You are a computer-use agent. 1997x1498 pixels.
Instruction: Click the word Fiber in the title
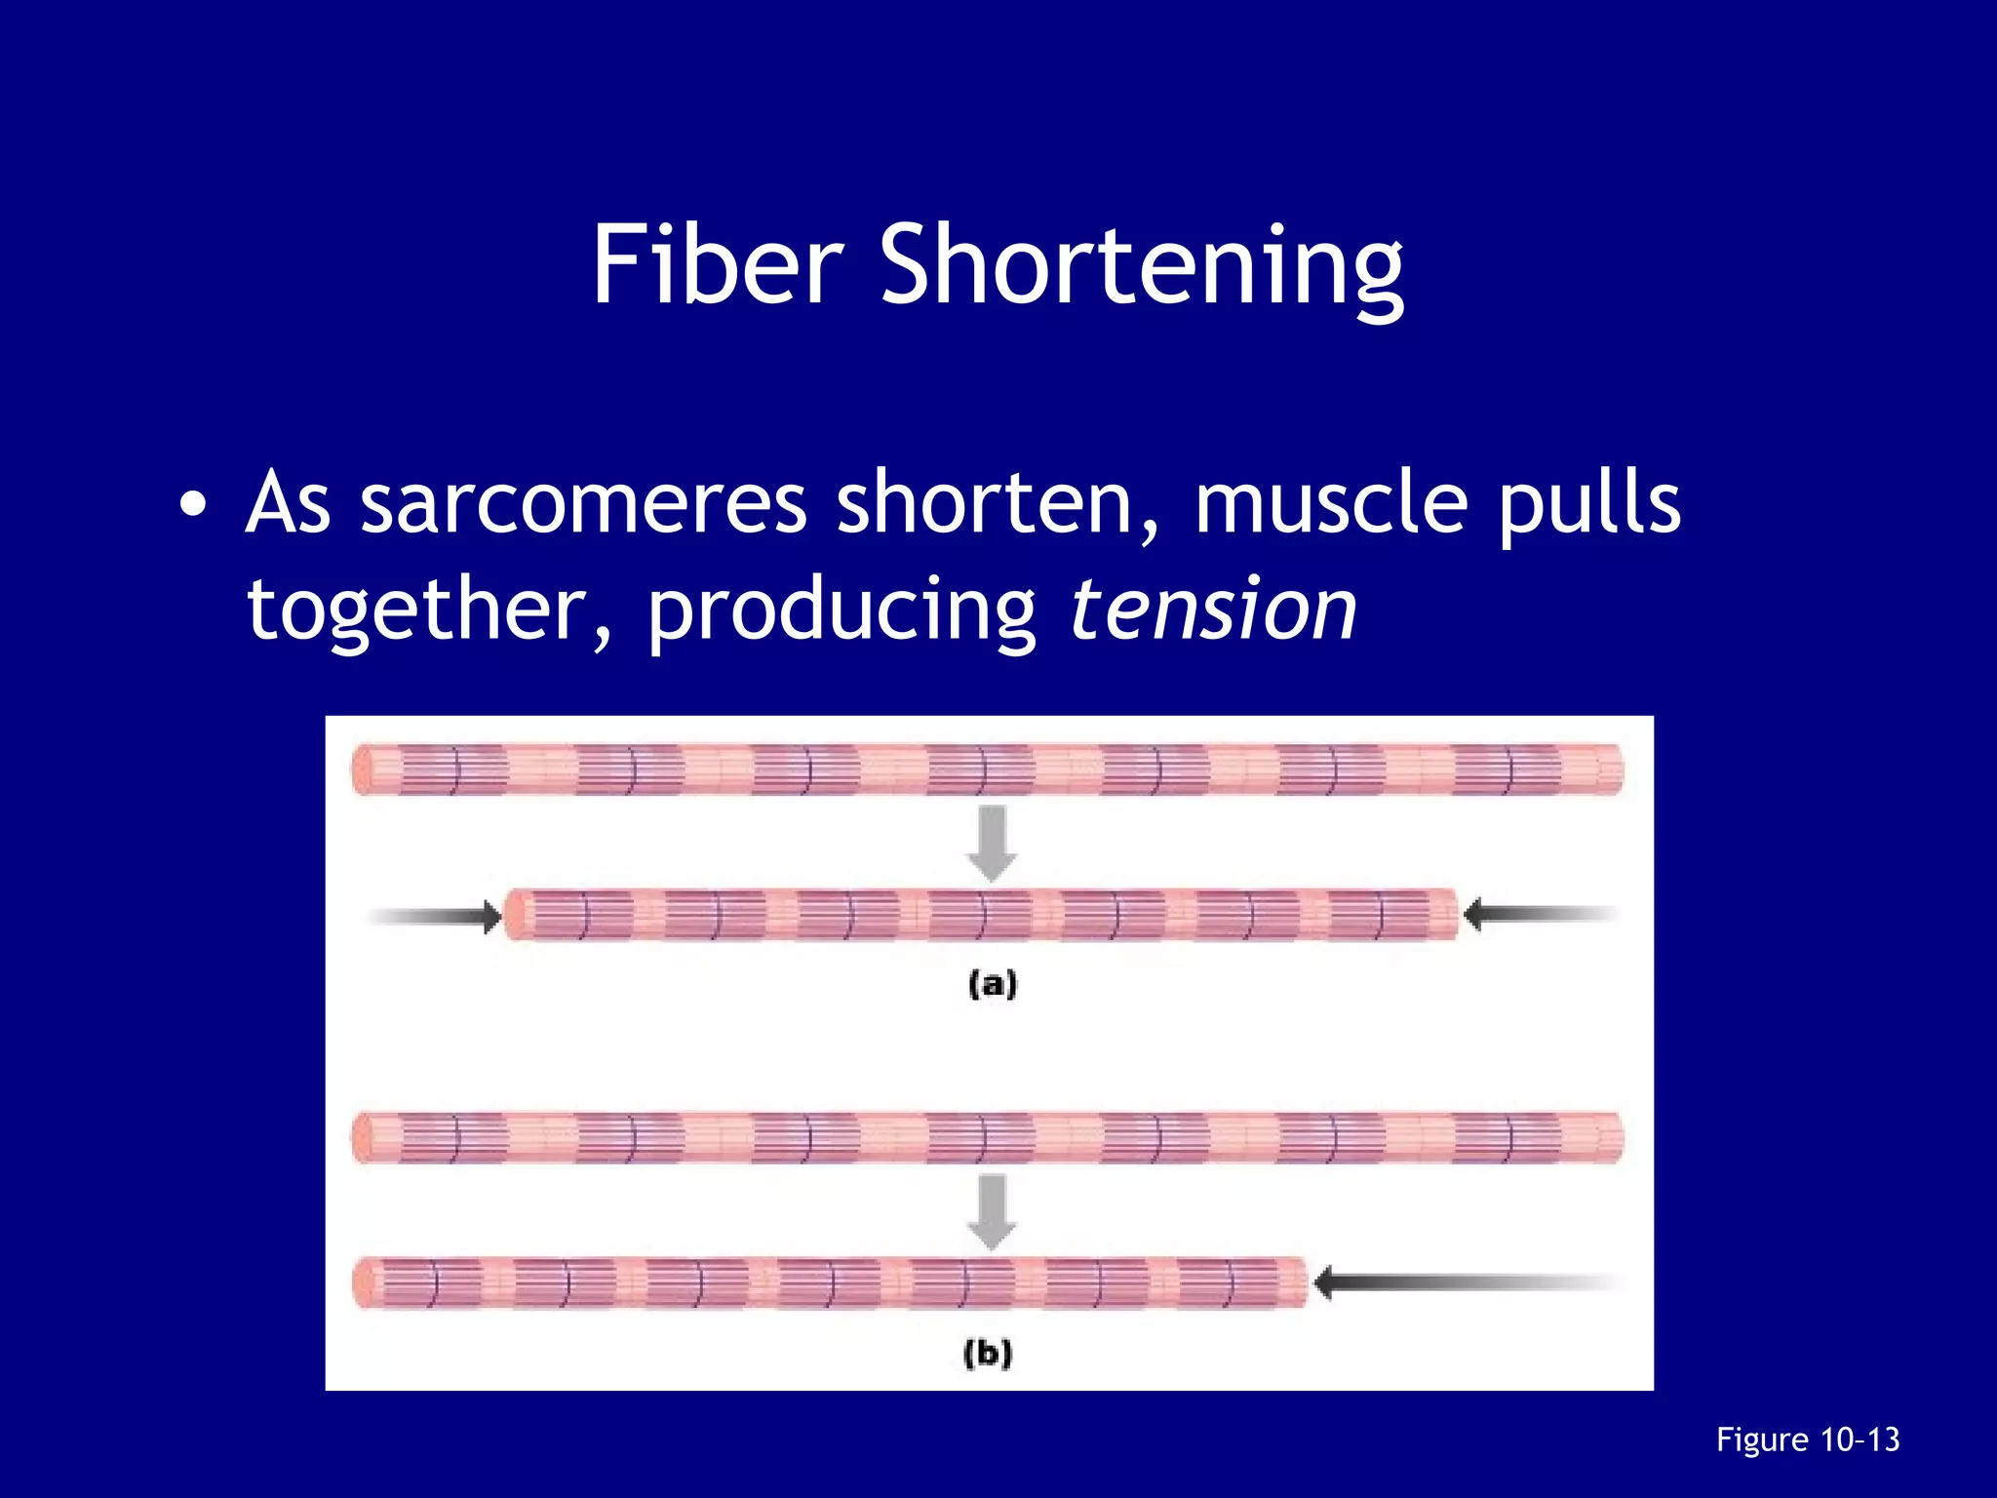pyautogui.click(x=717, y=264)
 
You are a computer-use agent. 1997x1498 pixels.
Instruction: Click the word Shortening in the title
pyautogui.click(x=1142, y=268)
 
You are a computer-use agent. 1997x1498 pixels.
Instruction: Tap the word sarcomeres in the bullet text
pyautogui.click(x=582, y=503)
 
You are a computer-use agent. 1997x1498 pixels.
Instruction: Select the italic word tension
pyautogui.click(x=1213, y=609)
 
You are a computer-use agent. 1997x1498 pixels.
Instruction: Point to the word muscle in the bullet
pyautogui.click(x=1330, y=503)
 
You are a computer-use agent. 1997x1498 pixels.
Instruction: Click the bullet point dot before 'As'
pyautogui.click(x=193, y=504)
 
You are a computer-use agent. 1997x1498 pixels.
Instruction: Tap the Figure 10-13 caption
pyautogui.click(x=1808, y=1439)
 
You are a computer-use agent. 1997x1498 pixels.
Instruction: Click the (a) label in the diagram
pyautogui.click(x=993, y=983)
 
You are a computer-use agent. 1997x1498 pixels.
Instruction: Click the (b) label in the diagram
pyautogui.click(x=988, y=1353)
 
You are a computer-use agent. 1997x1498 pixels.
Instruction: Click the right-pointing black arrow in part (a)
pyautogui.click(x=435, y=916)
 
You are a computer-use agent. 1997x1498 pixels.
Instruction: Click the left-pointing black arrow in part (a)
pyautogui.click(x=1541, y=914)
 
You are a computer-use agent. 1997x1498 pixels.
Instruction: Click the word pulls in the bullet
pyautogui.click(x=1589, y=503)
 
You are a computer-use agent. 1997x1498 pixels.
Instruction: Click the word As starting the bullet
pyautogui.click(x=289, y=503)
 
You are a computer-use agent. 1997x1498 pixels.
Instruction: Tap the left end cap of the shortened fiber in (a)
pyautogui.click(x=514, y=915)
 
